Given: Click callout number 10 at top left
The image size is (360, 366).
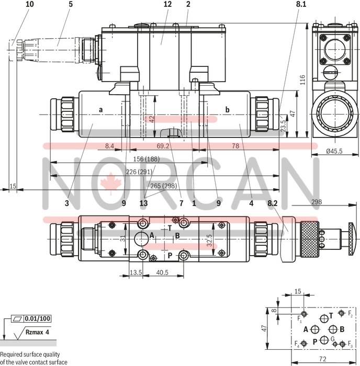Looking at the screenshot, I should tap(29, 4).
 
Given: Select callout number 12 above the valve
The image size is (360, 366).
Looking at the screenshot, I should tap(167, 4).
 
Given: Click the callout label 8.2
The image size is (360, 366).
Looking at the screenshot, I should tap(273, 203).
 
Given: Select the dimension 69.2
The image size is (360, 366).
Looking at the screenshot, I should tap(163, 146).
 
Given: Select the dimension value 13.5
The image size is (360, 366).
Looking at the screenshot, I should tap(136, 272).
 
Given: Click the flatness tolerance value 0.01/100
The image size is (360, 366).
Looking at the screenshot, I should tap(38, 318).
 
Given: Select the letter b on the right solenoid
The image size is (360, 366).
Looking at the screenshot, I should tap(227, 110).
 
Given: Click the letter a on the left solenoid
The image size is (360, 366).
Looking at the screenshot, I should tap(100, 110).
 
